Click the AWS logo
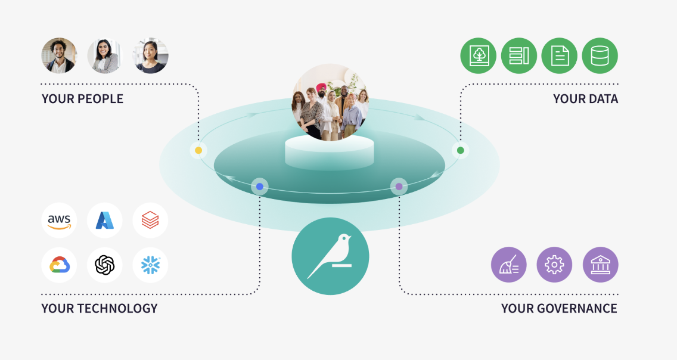(60, 221)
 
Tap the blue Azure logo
(105, 221)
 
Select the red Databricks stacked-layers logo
(150, 221)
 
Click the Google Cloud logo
(60, 265)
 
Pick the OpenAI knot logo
(105, 265)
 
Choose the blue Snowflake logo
(150, 265)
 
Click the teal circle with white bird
(330, 256)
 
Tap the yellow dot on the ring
(198, 150)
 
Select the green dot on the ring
(460, 150)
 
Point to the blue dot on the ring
(260, 187)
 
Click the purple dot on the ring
(399, 187)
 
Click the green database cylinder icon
(600, 56)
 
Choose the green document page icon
(560, 56)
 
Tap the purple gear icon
(554, 265)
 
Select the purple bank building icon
(600, 265)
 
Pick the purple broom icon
(508, 265)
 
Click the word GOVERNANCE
(575, 308)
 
